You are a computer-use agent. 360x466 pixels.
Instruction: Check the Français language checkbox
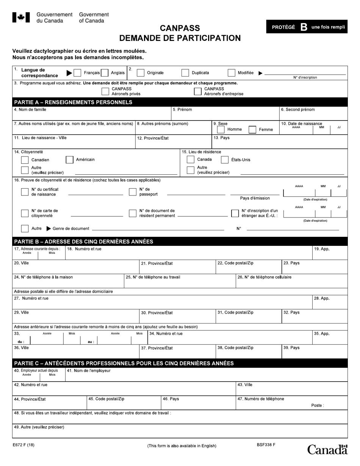click(77, 73)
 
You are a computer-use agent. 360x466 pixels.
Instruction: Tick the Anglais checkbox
click(105, 73)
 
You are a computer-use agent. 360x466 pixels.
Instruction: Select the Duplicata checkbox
click(185, 73)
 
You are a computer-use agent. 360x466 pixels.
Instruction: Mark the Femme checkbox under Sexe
click(252, 130)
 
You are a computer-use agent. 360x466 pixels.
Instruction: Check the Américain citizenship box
click(70, 160)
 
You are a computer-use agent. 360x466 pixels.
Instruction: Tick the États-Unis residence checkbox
click(225, 160)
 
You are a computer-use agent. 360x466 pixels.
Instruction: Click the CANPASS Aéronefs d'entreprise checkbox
click(198, 91)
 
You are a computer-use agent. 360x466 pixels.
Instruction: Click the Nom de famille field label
click(30, 109)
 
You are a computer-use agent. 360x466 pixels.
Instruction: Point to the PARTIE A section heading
click(73, 102)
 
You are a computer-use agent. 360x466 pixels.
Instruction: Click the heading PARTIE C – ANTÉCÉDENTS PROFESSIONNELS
click(124, 363)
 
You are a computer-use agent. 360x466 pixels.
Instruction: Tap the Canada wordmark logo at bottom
click(327, 450)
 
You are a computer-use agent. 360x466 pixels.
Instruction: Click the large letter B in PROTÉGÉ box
click(304, 27)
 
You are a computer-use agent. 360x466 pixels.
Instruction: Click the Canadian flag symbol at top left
click(22, 17)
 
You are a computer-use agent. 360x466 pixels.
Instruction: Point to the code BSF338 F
click(266, 445)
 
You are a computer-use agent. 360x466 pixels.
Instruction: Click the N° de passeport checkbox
click(132, 192)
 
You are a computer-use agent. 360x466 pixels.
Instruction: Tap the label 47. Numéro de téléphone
click(261, 399)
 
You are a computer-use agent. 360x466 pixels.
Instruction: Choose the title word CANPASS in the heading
click(180, 28)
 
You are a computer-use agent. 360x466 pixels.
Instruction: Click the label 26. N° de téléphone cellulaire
click(265, 277)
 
